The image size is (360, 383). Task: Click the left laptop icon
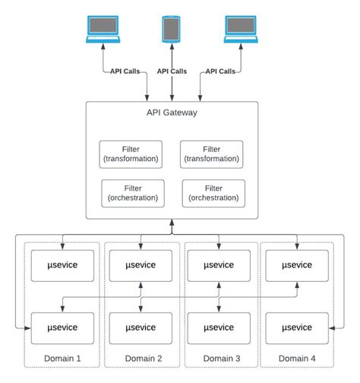(x=102, y=28)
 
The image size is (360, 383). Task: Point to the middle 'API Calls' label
(x=172, y=71)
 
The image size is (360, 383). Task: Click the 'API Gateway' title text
(x=172, y=113)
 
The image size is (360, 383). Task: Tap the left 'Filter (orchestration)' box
(x=132, y=193)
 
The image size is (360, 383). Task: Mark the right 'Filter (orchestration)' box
(x=213, y=193)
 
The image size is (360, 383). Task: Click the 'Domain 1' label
(x=63, y=357)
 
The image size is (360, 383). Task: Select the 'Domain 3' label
(x=221, y=357)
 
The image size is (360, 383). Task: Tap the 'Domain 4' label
(x=297, y=357)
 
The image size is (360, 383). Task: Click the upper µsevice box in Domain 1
(x=62, y=264)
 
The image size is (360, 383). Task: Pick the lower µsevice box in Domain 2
(x=141, y=328)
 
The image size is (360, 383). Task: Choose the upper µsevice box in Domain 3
(x=219, y=264)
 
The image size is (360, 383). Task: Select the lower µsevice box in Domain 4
(x=297, y=328)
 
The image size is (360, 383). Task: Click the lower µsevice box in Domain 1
(x=62, y=328)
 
